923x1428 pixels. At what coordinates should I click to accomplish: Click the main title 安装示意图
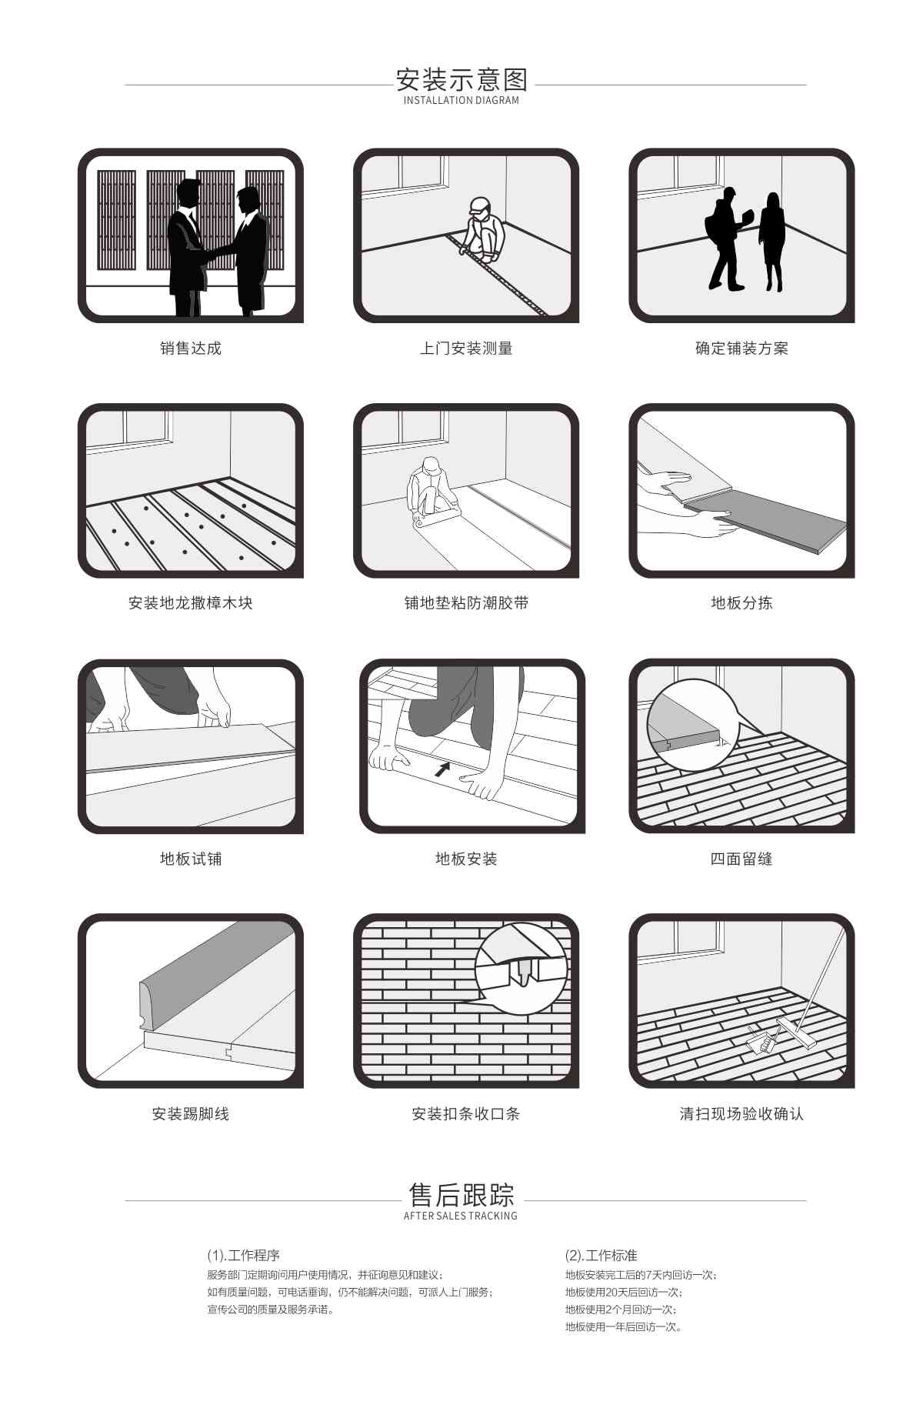[461, 79]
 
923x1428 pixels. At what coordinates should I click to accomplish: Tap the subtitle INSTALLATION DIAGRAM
[461, 101]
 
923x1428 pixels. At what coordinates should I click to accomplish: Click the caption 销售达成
[190, 349]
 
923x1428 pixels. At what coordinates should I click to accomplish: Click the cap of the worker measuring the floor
[479, 205]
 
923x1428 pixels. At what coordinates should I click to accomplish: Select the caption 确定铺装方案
[741, 349]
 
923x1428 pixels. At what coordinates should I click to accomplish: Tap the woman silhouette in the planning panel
[771, 240]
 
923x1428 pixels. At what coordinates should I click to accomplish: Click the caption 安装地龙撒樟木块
[190, 603]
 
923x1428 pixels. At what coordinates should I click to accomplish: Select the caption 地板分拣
[741, 603]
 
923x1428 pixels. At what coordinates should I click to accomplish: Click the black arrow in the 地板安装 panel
[442, 768]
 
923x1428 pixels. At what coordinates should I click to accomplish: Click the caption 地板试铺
[190, 859]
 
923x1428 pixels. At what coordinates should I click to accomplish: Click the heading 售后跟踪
[461, 1195]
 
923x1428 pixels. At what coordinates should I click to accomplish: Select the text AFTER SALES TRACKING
[461, 1216]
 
